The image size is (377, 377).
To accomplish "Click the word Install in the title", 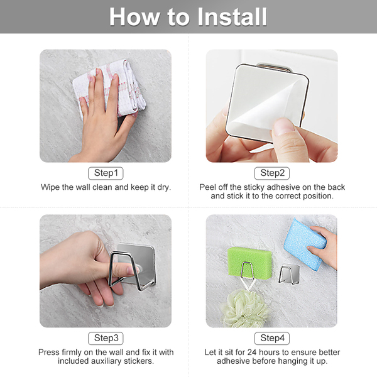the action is coord(232,17).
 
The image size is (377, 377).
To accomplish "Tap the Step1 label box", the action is coord(106,173).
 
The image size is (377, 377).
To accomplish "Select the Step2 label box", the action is coord(272,173).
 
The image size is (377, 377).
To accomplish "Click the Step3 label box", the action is coord(106,338).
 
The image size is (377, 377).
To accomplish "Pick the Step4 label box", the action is coord(272,338).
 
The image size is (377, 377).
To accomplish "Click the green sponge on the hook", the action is coord(250,262).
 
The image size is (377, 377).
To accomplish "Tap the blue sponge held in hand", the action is coord(304,243).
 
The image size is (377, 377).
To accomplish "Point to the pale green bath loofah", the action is coord(245,309).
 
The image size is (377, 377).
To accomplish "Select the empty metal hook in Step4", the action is coord(289,274).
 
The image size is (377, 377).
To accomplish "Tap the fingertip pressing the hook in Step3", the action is coord(132,270).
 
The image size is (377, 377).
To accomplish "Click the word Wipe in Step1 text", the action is coord(50,187).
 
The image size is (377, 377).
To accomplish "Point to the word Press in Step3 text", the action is coord(49,352).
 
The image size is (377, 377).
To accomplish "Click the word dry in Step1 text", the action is coord(164,187).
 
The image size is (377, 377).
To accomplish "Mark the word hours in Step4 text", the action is coord(270,352).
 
